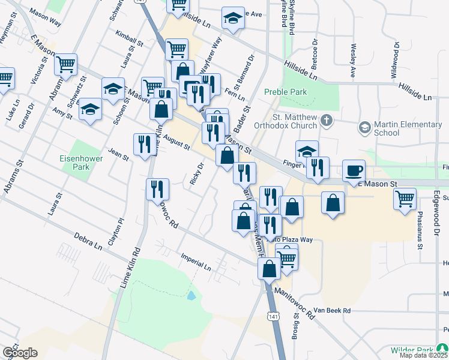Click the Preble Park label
pyautogui.click(x=285, y=92)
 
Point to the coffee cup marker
pyautogui.click(x=354, y=170)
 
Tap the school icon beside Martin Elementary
pyautogui.click(x=364, y=127)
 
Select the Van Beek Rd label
pyautogui.click(x=331, y=310)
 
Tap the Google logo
pyautogui.click(x=20, y=352)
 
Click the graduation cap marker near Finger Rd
pyautogui.click(x=306, y=151)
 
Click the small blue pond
pyautogui.click(x=191, y=295)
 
